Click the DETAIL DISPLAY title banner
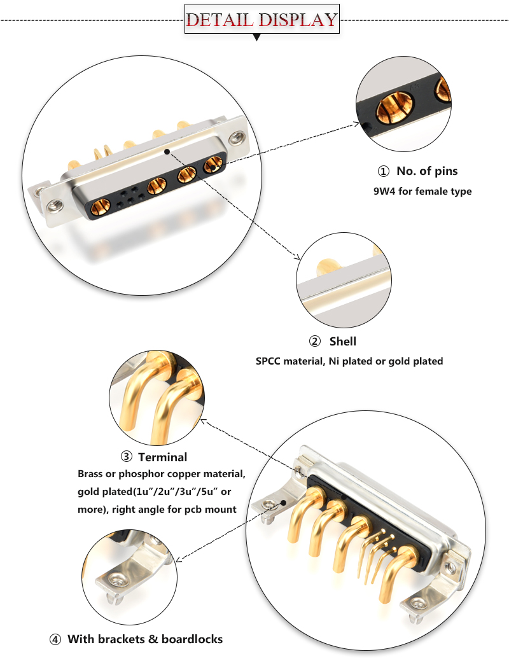261,19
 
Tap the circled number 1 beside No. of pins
383,171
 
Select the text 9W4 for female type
422,191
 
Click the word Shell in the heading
342,342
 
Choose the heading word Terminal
162,457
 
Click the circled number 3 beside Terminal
126,457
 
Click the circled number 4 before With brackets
55,639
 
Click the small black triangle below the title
257,38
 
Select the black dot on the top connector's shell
167,151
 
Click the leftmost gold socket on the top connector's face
100,207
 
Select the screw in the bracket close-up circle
117,579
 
